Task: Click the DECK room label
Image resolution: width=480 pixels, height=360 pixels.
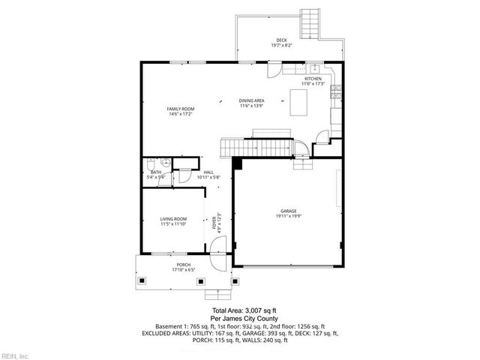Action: [281, 43]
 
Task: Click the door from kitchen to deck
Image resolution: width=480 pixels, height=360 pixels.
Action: [274, 69]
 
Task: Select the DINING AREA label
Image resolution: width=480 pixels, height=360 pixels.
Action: [251, 103]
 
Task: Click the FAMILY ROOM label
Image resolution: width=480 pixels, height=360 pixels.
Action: [181, 112]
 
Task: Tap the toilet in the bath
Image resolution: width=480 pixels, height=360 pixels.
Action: [151, 164]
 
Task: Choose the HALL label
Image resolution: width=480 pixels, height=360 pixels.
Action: [208, 175]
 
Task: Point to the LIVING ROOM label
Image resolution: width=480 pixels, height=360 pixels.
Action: [172, 221]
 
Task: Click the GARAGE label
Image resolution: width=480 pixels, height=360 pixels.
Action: [289, 213]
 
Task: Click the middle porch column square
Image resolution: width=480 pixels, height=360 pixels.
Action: [200, 281]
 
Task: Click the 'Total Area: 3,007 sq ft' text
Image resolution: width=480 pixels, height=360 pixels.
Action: [244, 310]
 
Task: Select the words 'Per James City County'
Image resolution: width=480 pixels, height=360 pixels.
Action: [244, 319]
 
